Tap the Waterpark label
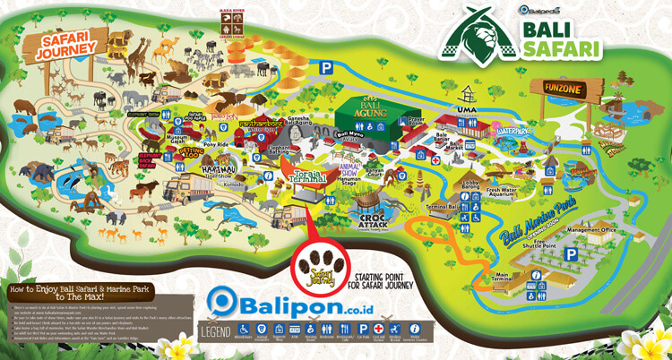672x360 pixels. pos(507,131)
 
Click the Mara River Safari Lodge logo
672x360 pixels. pos(231,27)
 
